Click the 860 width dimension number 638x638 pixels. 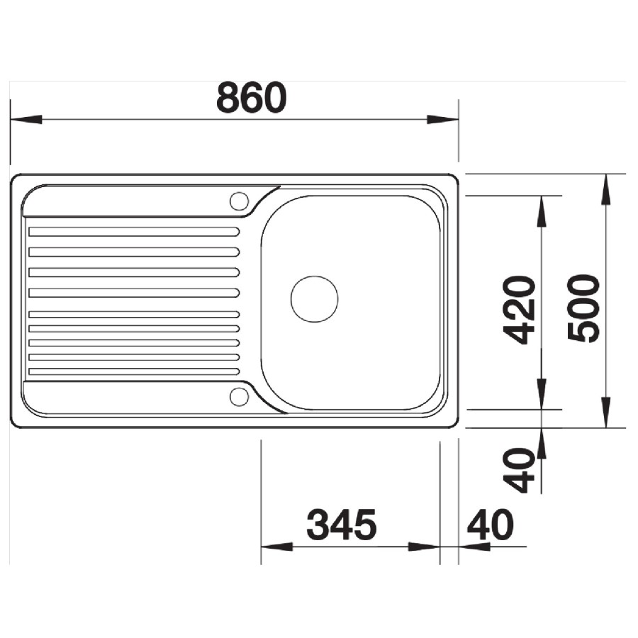(252, 98)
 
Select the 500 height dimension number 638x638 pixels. (583, 308)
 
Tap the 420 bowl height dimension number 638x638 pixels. (519, 310)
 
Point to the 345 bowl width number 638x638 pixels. (342, 525)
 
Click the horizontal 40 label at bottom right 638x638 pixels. (491, 525)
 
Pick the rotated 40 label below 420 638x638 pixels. (518, 471)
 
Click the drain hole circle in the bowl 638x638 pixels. (314, 299)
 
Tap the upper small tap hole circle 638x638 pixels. (239, 201)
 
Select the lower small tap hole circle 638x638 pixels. (239, 397)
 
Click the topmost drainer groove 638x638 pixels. (134, 232)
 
